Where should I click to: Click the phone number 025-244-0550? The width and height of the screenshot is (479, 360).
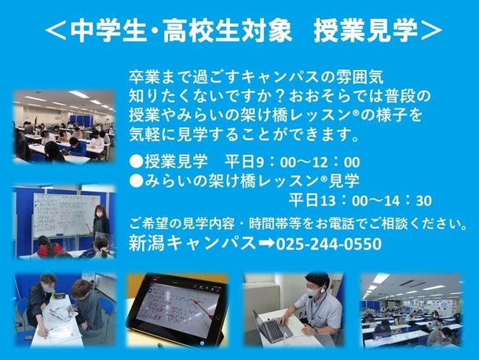(x=329, y=244)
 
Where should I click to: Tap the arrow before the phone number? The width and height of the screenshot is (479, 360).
(x=266, y=244)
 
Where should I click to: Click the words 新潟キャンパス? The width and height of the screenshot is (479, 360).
(x=192, y=244)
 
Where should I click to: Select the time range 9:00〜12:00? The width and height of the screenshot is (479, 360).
(x=308, y=162)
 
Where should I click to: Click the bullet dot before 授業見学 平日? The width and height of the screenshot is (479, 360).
(x=137, y=161)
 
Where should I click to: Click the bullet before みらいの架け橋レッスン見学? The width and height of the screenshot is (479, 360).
(x=137, y=181)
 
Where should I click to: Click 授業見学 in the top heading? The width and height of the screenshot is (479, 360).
(x=365, y=31)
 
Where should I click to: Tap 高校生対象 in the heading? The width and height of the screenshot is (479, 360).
(x=228, y=31)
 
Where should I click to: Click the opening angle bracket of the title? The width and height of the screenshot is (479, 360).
(x=56, y=31)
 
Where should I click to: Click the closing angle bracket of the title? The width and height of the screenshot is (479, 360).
(x=431, y=31)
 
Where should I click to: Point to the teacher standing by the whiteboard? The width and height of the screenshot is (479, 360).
(x=101, y=222)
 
